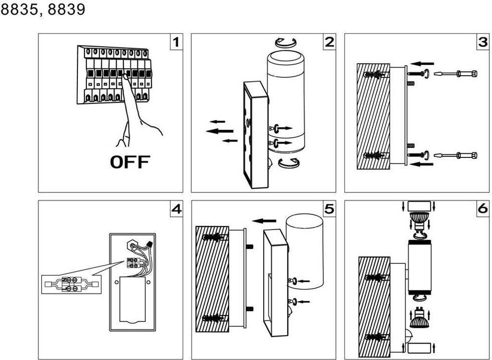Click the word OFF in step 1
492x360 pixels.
pos(130,162)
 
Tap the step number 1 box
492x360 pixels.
pos(176,42)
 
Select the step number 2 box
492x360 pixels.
pos(329,42)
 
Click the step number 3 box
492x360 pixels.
pos(482,42)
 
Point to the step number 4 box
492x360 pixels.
pos(176,208)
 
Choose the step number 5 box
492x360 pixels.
pos(329,208)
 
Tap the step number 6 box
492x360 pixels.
pos(482,208)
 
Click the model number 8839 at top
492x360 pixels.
pos(66,10)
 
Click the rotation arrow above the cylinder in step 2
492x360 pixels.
pos(285,42)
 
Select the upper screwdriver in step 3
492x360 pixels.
pos(455,74)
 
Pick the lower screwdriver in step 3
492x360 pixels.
pos(455,155)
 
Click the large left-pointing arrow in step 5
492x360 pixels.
pos(264,221)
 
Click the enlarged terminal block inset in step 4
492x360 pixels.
pos(71,284)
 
